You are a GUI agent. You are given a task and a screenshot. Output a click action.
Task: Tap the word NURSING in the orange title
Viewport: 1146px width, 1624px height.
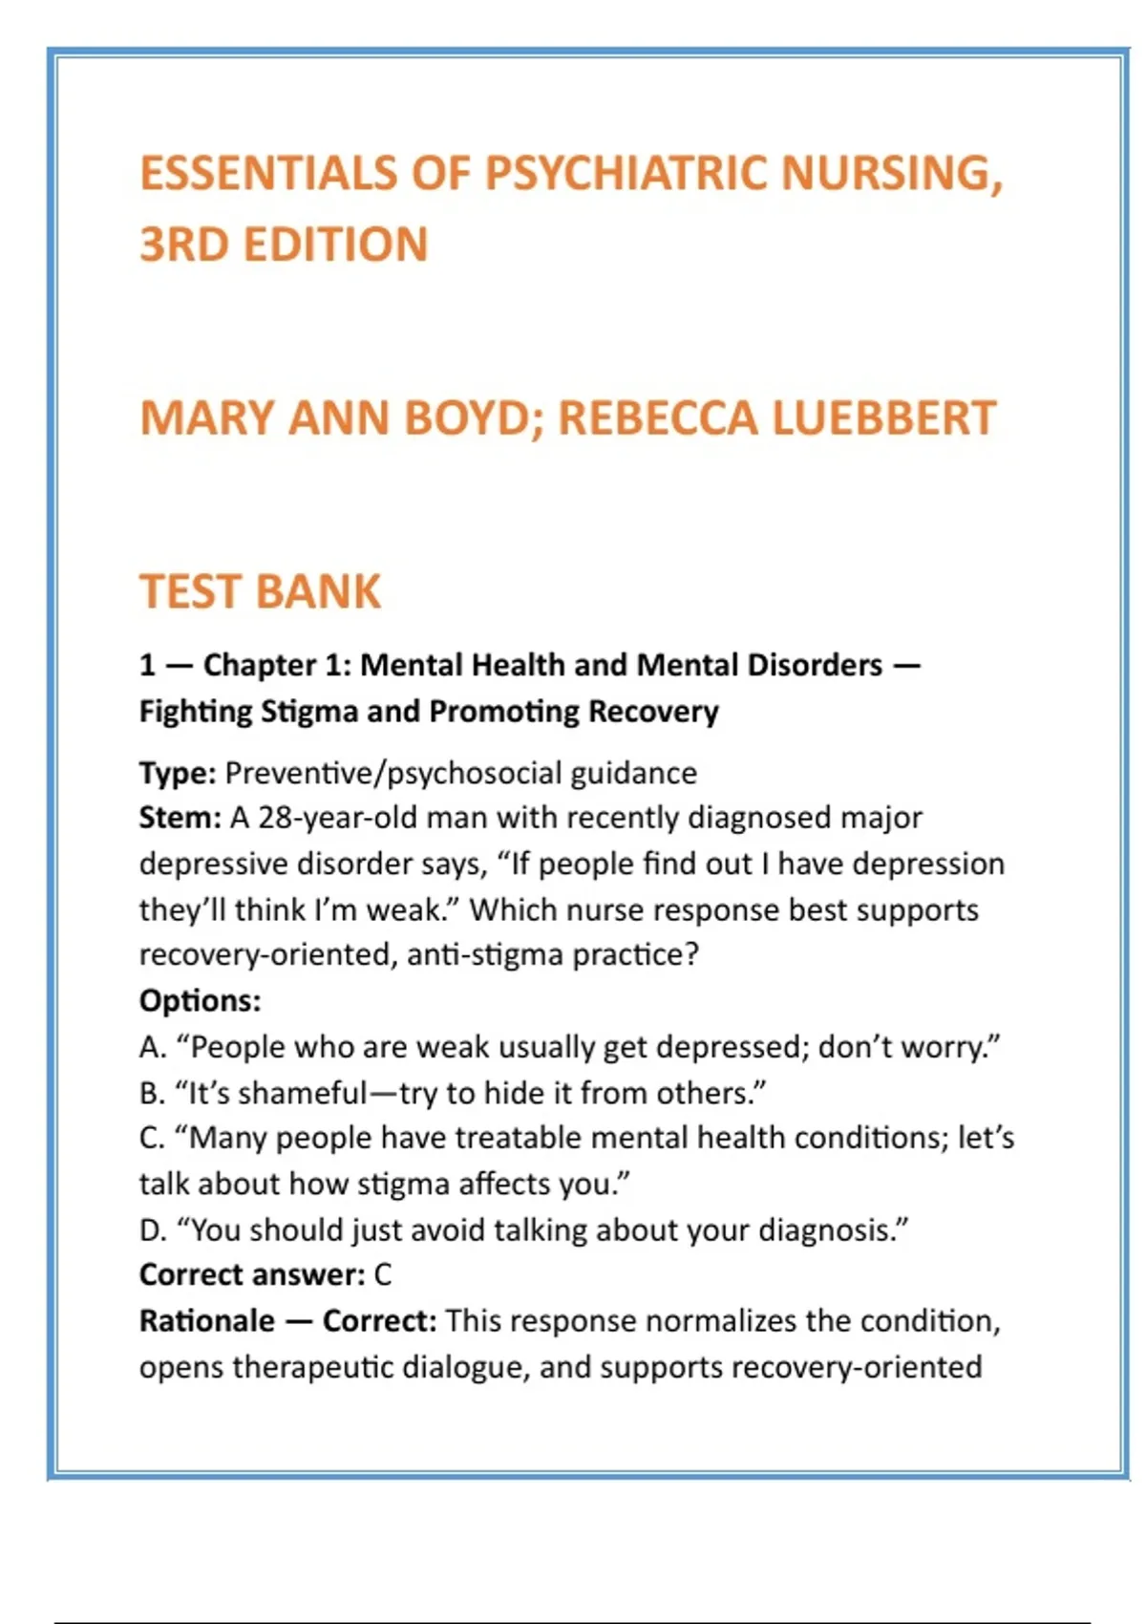(891, 174)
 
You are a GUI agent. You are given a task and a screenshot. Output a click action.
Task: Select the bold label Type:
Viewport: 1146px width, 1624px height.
(178, 773)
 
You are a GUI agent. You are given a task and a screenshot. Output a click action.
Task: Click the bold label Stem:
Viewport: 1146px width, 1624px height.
(180, 818)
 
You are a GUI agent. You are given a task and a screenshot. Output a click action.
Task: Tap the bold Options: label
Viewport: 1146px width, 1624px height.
(200, 1000)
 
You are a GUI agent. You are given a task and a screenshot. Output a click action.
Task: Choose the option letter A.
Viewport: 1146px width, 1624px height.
(151, 1047)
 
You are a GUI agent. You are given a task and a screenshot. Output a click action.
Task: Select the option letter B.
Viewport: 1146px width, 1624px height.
(151, 1093)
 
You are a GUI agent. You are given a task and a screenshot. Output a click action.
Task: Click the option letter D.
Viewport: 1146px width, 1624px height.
(152, 1230)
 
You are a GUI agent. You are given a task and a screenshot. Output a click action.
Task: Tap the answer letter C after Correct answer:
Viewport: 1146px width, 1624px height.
(382, 1275)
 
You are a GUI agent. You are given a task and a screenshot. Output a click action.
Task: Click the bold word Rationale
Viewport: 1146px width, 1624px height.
(207, 1321)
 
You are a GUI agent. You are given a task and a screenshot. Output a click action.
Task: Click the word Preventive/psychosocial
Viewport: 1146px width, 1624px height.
(393, 773)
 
